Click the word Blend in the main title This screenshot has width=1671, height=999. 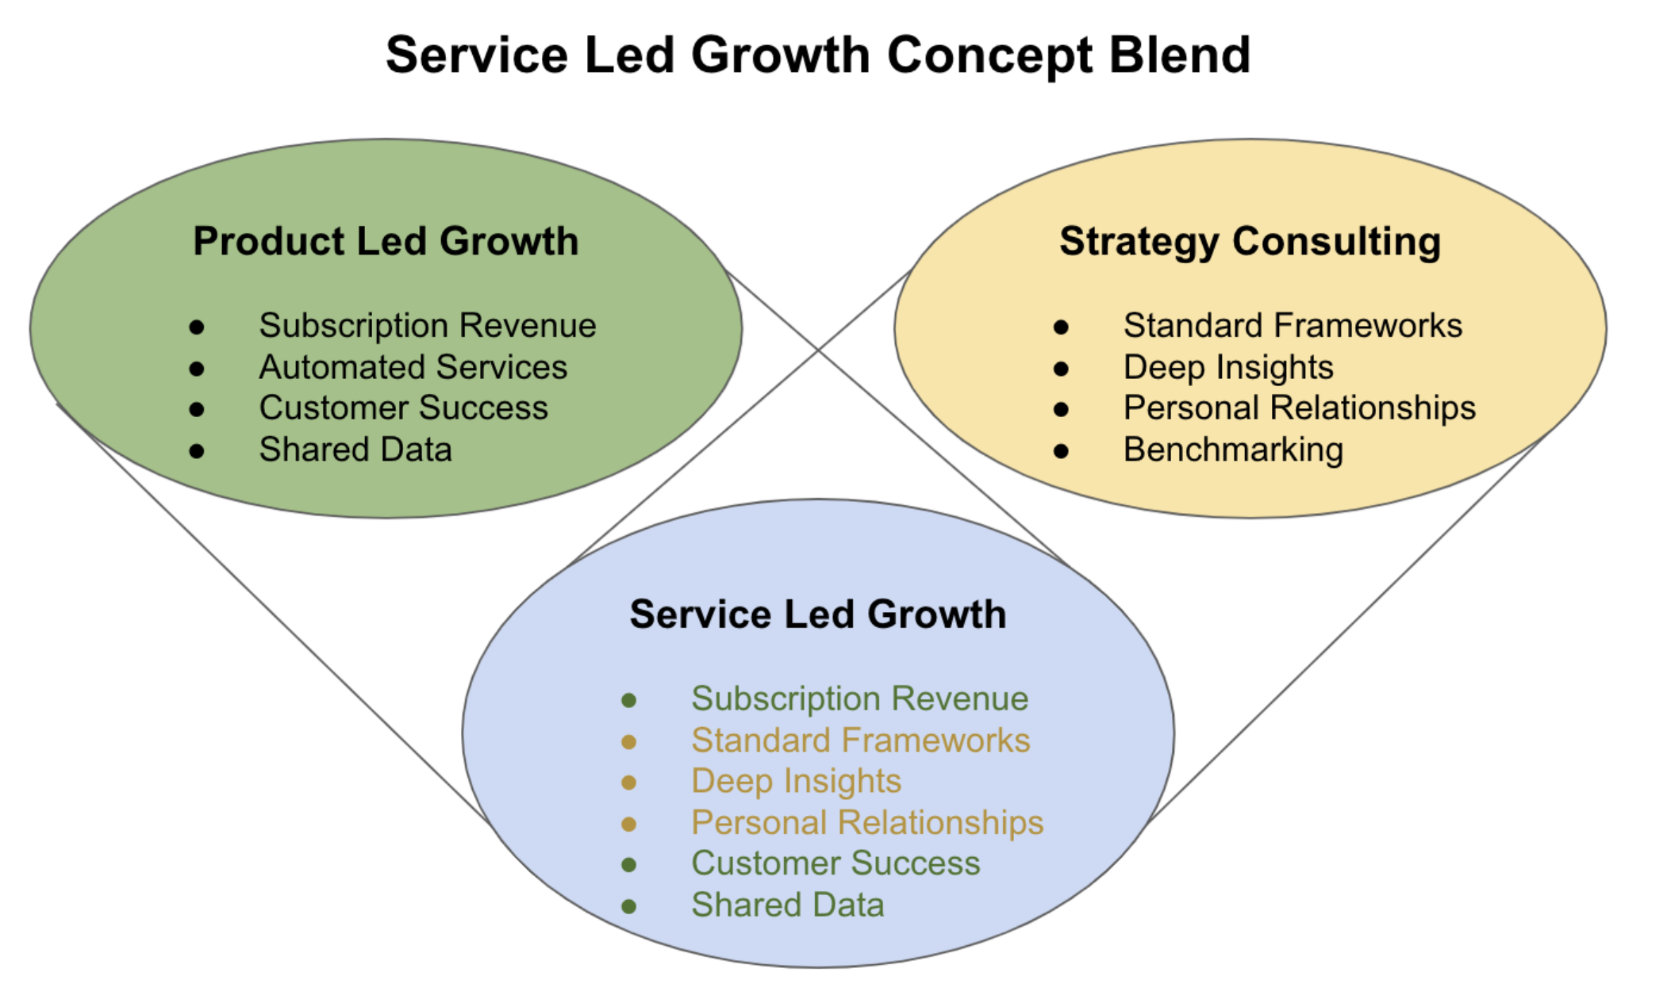1179,55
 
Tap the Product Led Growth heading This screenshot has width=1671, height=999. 386,241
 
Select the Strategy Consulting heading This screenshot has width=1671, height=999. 1250,242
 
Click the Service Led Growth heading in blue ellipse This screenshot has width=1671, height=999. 817,614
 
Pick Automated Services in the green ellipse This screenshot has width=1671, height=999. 413,367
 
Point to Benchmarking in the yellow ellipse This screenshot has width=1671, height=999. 1233,450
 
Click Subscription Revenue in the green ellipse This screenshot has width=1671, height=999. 427,326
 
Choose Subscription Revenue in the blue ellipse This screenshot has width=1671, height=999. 859,699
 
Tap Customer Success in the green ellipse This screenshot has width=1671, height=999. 403,408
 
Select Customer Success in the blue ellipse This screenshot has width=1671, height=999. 835,863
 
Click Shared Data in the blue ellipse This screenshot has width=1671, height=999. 787,905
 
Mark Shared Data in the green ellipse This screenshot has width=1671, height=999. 355,450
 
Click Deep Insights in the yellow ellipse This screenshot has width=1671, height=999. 1228,368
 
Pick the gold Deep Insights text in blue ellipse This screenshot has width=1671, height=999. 796,782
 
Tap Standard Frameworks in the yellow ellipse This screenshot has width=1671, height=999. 1293,326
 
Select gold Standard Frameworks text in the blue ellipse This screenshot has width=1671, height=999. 860,741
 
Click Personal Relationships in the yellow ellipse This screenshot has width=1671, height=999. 1299,408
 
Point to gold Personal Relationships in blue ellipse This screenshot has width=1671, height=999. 867,823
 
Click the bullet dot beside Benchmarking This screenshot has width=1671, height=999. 1061,451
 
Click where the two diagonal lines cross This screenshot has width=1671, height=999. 818,350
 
